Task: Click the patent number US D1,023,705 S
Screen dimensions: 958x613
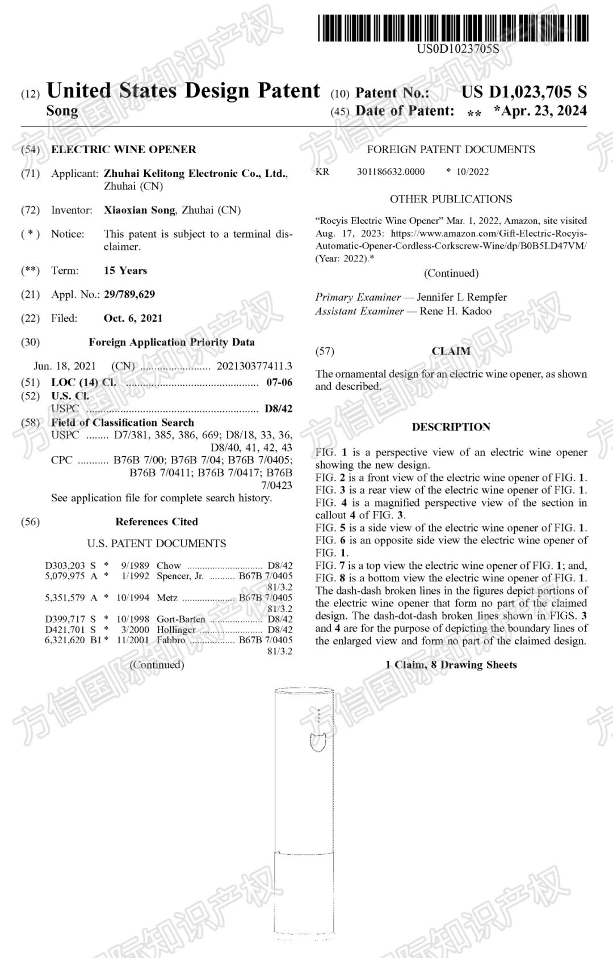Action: [523, 92]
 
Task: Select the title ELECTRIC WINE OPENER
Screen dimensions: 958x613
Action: [124, 150]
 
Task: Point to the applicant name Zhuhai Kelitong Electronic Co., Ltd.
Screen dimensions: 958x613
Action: [195, 174]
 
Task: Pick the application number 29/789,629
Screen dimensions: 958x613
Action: [129, 294]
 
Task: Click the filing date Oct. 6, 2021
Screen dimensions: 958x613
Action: [133, 318]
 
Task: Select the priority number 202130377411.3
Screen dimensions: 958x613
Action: [254, 366]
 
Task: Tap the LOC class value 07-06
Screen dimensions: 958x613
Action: [279, 382]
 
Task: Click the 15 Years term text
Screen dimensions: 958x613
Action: [125, 271]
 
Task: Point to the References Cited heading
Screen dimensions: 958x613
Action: [157, 522]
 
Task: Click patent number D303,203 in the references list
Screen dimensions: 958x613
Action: [65, 565]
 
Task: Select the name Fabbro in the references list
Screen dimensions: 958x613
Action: [171, 640]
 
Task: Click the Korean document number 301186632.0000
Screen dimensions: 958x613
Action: [391, 172]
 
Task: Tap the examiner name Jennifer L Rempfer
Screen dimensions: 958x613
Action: [461, 297]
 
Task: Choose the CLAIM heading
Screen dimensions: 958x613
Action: [451, 351]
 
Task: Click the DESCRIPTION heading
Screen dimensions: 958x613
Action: [451, 427]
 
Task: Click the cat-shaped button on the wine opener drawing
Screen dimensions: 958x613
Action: [318, 741]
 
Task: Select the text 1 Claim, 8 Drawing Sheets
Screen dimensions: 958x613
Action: [451, 665]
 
